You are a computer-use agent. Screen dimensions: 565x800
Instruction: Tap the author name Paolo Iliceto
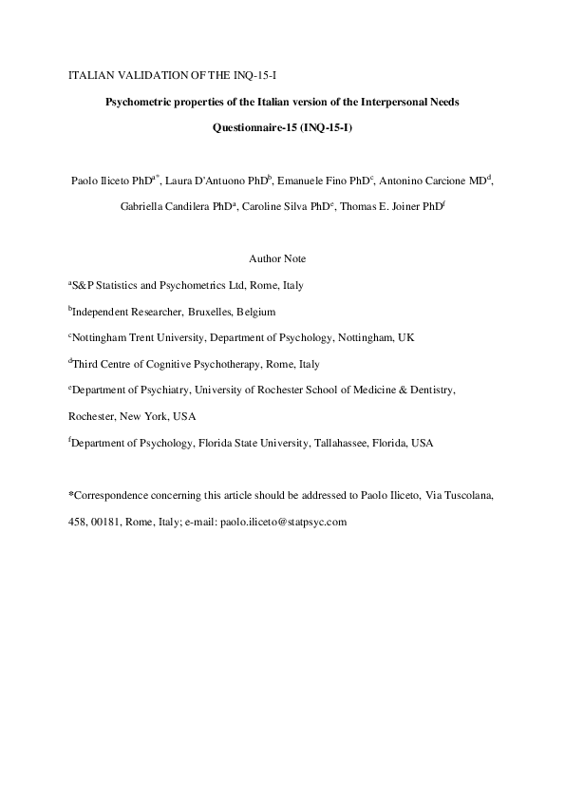click(x=102, y=179)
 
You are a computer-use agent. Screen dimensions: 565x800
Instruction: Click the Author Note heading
click(x=277, y=258)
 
